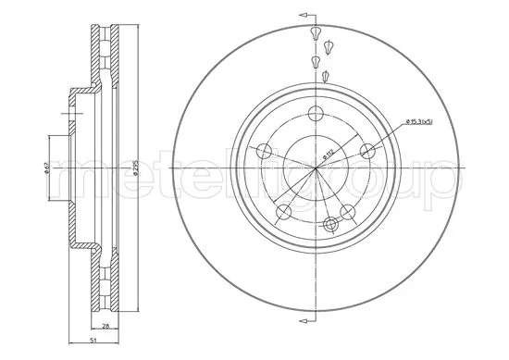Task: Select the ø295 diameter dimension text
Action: (x=136, y=167)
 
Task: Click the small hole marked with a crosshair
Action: (x=330, y=223)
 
